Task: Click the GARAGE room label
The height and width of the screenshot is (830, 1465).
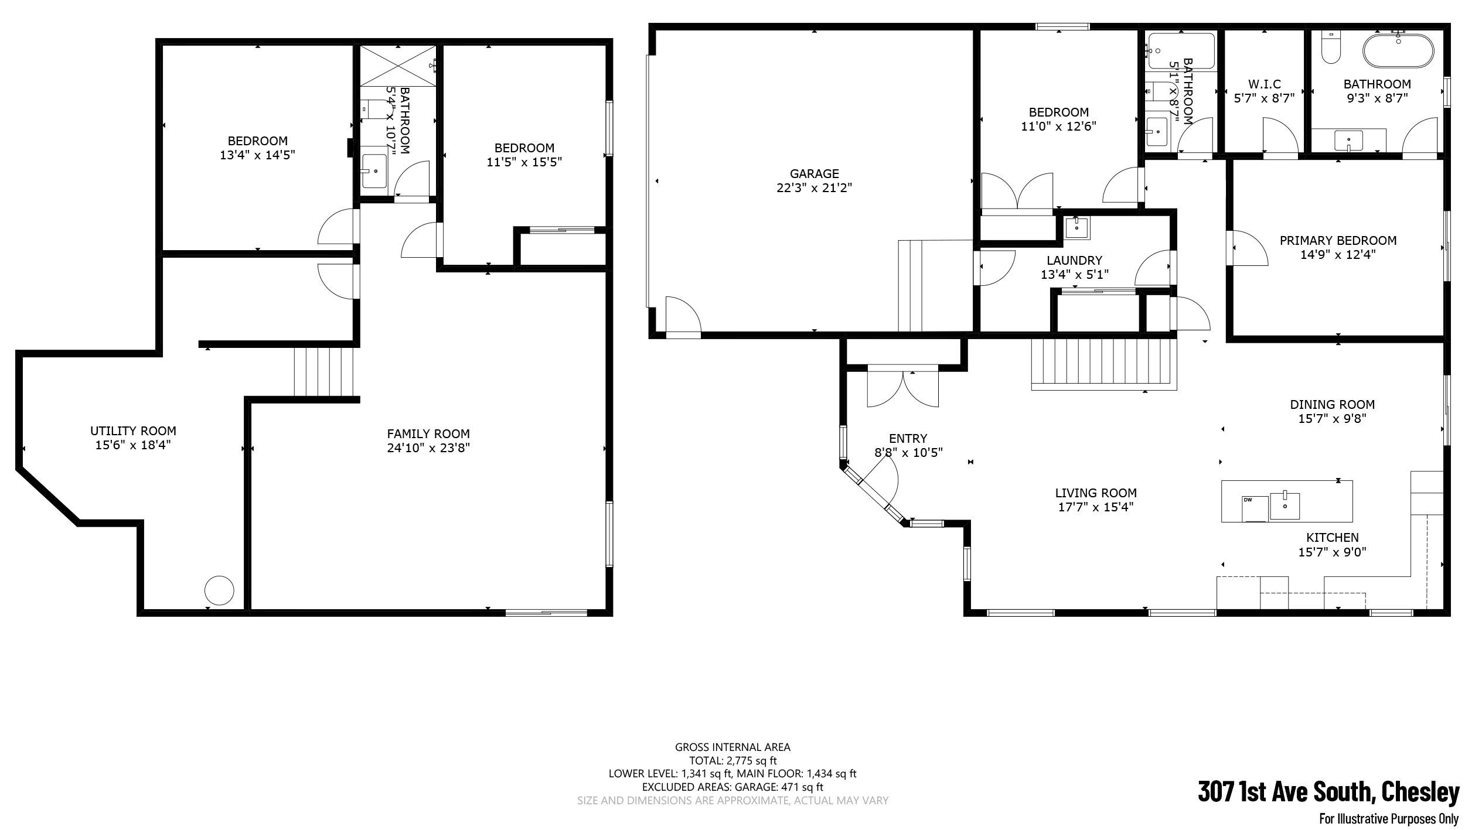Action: click(x=814, y=173)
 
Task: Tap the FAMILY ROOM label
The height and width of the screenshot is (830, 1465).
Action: click(x=428, y=434)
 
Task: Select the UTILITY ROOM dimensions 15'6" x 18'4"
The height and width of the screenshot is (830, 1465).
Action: click(x=133, y=445)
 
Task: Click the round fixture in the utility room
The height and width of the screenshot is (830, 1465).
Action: click(x=219, y=590)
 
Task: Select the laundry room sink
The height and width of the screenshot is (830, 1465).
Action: click(x=1076, y=228)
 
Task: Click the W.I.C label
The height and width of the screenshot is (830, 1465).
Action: click(x=1264, y=84)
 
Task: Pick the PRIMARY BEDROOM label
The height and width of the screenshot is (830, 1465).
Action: click(x=1338, y=241)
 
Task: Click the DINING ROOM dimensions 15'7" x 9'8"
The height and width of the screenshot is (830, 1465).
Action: click(x=1333, y=419)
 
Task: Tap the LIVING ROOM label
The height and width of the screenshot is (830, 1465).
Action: click(x=1096, y=493)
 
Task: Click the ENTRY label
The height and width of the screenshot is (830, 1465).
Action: click(x=908, y=438)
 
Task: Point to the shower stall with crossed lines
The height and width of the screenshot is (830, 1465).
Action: click(x=398, y=65)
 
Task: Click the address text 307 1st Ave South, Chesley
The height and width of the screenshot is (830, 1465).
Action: click(x=1328, y=793)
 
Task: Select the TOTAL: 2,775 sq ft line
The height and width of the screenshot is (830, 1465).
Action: click(x=732, y=761)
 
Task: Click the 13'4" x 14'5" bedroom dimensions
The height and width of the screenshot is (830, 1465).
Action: click(x=257, y=155)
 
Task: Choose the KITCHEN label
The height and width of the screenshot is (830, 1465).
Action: click(x=1332, y=538)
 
